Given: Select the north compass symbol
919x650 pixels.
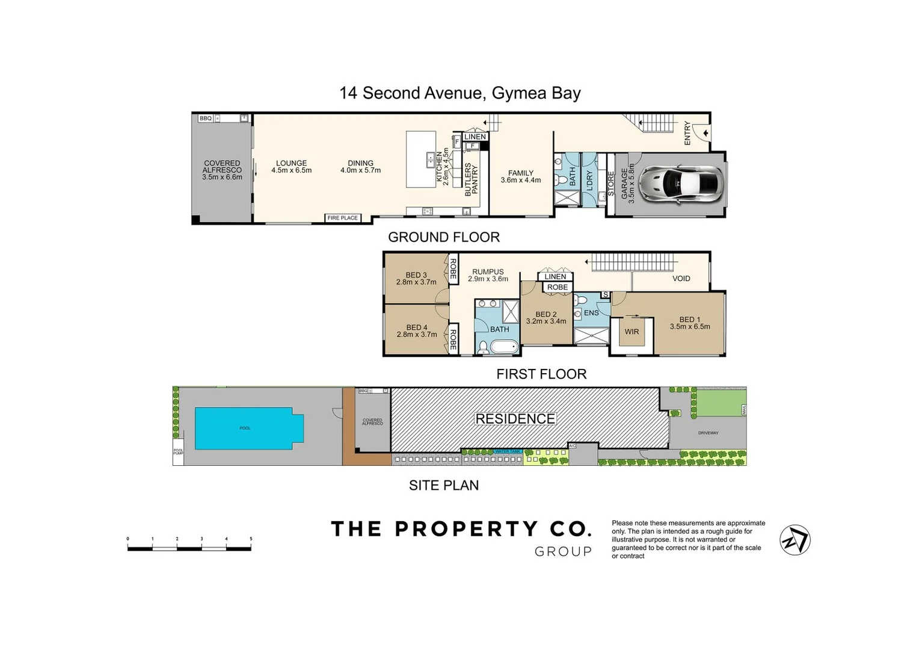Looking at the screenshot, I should click(795, 540).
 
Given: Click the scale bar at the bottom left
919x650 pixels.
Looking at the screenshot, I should click(189, 548).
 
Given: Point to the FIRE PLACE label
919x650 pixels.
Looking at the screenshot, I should click(342, 218).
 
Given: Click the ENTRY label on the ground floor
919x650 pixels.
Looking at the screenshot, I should click(687, 133).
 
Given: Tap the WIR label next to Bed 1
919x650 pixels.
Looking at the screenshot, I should click(632, 332).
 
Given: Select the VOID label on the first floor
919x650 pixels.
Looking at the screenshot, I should click(681, 279).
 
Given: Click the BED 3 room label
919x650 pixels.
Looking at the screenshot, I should click(416, 275).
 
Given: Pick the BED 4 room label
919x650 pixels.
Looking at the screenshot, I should click(417, 327).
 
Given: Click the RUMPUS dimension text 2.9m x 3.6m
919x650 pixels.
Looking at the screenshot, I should click(488, 279).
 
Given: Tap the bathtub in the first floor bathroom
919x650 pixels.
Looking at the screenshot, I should click(504, 347).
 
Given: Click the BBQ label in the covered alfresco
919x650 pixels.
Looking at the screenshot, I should click(206, 119).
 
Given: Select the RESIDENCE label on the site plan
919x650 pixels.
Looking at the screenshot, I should click(515, 419).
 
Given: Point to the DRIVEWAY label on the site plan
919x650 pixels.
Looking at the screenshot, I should click(708, 433).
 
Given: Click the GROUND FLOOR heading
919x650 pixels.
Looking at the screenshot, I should click(444, 237).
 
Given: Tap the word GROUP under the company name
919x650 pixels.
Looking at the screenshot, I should click(563, 552).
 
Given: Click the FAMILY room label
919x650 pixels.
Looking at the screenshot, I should click(520, 173).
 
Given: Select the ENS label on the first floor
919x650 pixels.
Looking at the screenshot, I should click(591, 313).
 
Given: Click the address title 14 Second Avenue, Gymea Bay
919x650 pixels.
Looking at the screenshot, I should click(460, 93).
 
